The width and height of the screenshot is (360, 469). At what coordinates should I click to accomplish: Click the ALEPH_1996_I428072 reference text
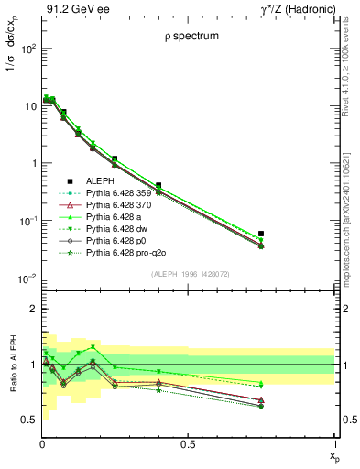(x=188, y=274)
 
